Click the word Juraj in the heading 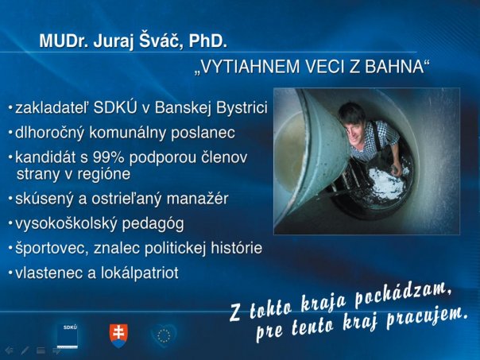tap(114, 41)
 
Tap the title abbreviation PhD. tap(208, 41)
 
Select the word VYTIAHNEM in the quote tap(249, 67)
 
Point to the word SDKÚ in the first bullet tap(114, 107)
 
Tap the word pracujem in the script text tap(428, 318)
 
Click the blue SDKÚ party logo tap(68, 335)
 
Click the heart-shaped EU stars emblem tap(164, 335)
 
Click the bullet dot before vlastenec tap(10, 273)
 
